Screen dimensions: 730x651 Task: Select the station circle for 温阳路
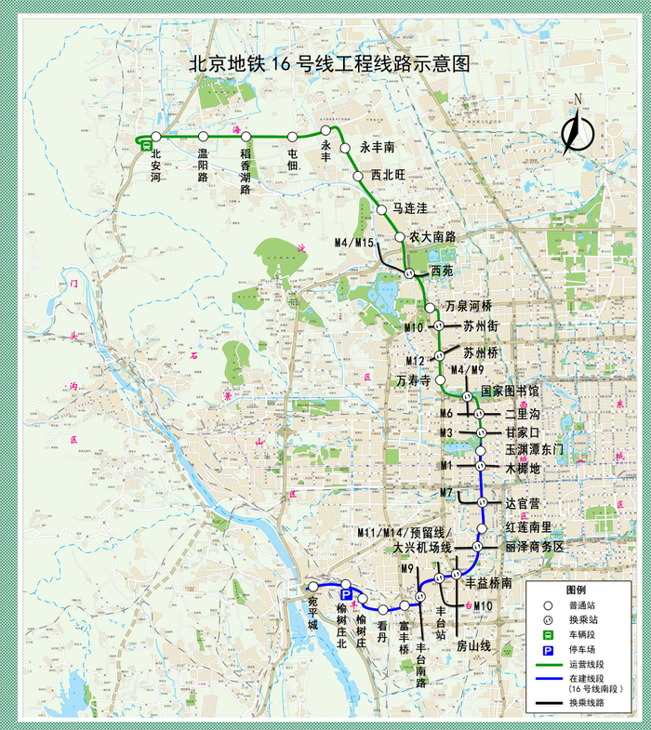[x=202, y=138]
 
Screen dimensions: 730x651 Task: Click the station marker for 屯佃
[x=293, y=138]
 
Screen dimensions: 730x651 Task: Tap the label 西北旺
[x=388, y=174]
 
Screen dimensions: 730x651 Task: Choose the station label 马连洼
[x=410, y=206]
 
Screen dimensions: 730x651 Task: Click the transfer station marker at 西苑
[x=409, y=272]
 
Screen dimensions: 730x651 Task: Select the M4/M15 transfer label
[x=353, y=243]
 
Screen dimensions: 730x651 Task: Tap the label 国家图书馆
[x=510, y=392]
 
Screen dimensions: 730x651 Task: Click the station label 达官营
[x=523, y=503]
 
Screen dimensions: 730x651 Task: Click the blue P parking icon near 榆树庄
[x=344, y=594]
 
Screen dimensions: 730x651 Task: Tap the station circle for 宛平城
[x=313, y=587]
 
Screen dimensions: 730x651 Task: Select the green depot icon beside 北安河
[x=146, y=145]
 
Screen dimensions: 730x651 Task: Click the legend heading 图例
[x=577, y=591]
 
